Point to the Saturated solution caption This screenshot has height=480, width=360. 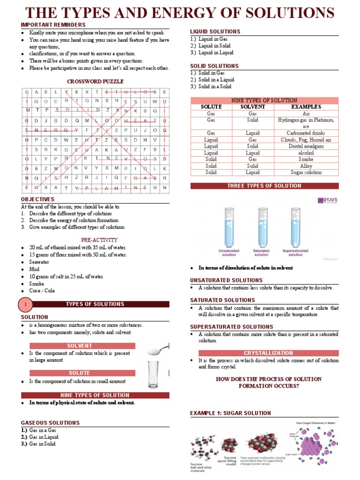pyautogui.click(x=261, y=253)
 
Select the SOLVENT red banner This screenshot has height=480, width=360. pyautogui.click(x=82, y=345)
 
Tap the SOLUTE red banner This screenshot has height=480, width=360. pyautogui.click(x=82, y=373)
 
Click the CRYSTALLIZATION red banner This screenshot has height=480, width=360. pyautogui.click(x=264, y=352)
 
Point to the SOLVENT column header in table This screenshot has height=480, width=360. pyautogui.click(x=252, y=107)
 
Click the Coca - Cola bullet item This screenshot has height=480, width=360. pyautogui.click(x=42, y=291)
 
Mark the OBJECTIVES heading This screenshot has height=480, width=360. pyautogui.click(x=37, y=199)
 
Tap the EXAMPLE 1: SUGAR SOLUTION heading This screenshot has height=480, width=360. pyautogui.click(x=230, y=413)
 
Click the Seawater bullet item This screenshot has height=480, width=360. pyautogui.click(x=39, y=262)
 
